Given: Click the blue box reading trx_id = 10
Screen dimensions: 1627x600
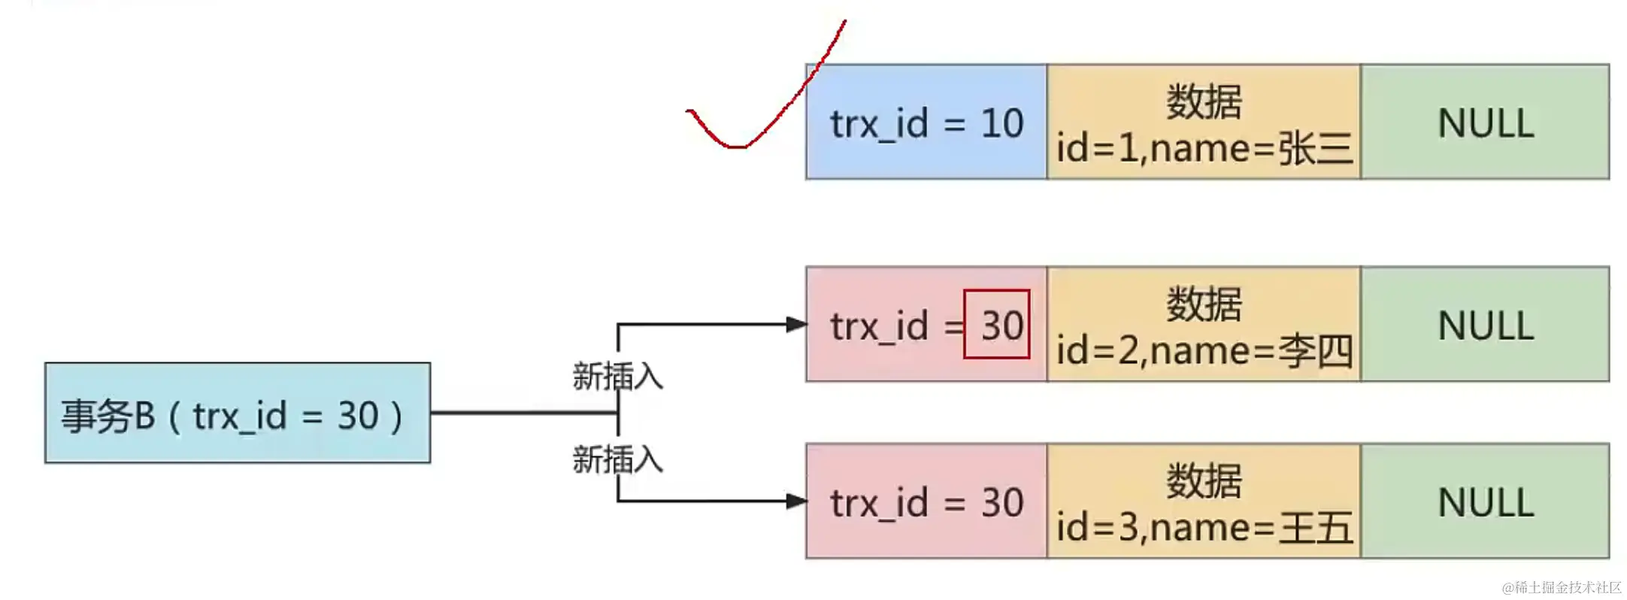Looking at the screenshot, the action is [926, 122].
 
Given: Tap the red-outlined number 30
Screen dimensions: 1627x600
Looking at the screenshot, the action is [997, 324].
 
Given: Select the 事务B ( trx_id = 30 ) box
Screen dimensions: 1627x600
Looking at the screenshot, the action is [238, 413].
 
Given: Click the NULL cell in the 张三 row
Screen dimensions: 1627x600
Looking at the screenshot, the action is [1485, 122].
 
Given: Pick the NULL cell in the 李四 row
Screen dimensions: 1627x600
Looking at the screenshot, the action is [1485, 324].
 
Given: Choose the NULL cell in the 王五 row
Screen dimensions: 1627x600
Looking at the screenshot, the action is [1485, 501].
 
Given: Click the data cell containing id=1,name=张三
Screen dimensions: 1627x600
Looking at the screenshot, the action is [1204, 122].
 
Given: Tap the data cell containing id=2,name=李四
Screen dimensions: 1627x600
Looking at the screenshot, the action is [1204, 324].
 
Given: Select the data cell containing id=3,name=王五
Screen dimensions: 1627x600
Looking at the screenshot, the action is [1204, 501].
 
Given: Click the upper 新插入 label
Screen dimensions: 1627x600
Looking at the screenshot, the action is [617, 376].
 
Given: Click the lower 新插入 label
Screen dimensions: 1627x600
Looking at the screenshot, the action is [617, 459].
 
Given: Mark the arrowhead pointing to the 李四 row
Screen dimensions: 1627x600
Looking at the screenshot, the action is [796, 324].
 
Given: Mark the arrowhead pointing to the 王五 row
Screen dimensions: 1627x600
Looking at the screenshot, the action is [796, 501].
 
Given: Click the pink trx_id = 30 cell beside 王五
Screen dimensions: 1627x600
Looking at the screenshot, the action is [926, 501].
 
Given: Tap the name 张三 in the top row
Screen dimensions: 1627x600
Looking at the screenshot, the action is [1316, 148].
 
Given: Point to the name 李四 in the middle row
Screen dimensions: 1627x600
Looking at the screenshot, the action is [1316, 350].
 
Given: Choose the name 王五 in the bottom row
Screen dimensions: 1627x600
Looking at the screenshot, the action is [1316, 527].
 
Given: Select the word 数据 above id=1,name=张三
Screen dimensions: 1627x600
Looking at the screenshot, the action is [1204, 102].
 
